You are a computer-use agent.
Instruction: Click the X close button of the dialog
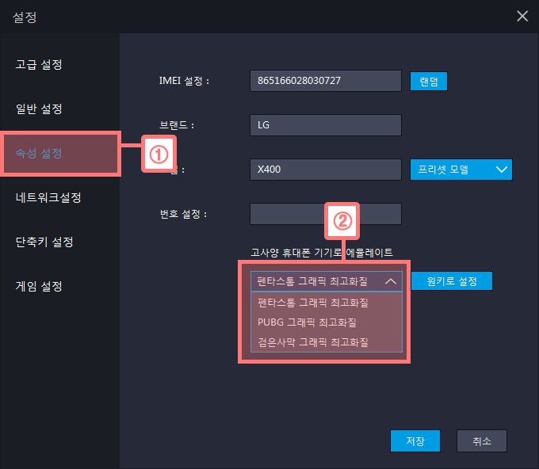click(522, 16)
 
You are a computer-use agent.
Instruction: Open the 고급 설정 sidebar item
click(39, 64)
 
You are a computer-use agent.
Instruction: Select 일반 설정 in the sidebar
click(39, 109)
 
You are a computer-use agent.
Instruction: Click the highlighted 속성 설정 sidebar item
click(39, 153)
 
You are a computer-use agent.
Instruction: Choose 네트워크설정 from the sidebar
click(48, 197)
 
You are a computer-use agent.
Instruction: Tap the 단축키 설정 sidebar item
click(44, 242)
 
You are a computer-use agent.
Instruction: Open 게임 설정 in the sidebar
click(39, 286)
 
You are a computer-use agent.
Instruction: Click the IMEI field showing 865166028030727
click(325, 81)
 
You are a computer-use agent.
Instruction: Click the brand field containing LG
click(325, 125)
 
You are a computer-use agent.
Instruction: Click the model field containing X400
click(325, 170)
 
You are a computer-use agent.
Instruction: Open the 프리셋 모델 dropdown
click(461, 170)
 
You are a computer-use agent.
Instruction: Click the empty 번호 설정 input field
click(325, 214)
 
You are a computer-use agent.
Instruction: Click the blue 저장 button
click(415, 440)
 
